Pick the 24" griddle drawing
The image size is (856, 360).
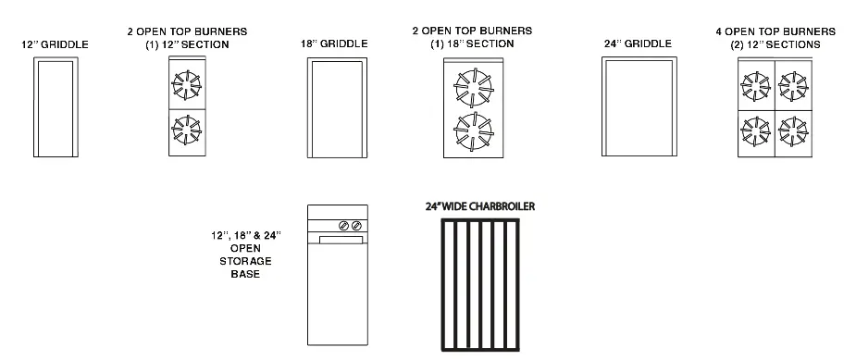tap(639, 107)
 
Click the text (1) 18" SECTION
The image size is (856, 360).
tap(472, 44)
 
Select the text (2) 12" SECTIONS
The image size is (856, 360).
tap(775, 44)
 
